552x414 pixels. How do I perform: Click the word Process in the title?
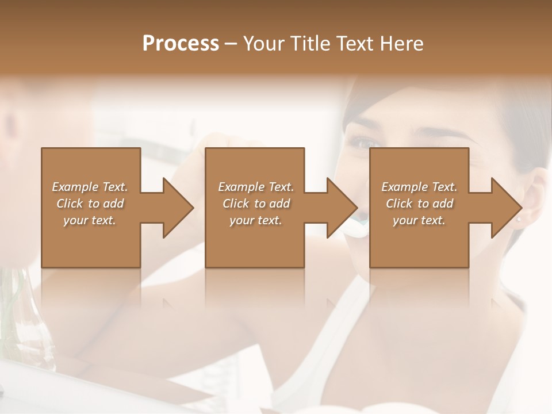click(181, 43)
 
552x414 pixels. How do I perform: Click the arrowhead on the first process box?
click(178, 208)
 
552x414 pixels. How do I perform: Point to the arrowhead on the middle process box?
click(342, 208)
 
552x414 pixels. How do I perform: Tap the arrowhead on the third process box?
click(507, 208)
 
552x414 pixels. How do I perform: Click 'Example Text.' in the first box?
click(90, 186)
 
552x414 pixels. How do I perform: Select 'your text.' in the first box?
click(90, 220)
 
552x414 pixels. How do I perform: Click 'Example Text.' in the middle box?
click(256, 186)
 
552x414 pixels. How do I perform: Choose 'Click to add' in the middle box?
click(256, 204)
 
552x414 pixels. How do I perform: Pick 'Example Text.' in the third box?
click(419, 186)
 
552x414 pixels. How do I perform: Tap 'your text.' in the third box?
click(419, 220)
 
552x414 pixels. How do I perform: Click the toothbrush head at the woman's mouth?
click(361, 219)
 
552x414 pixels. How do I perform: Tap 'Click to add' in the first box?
click(90, 204)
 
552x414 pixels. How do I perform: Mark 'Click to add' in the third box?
click(419, 204)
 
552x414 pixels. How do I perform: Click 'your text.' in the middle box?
click(256, 220)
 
